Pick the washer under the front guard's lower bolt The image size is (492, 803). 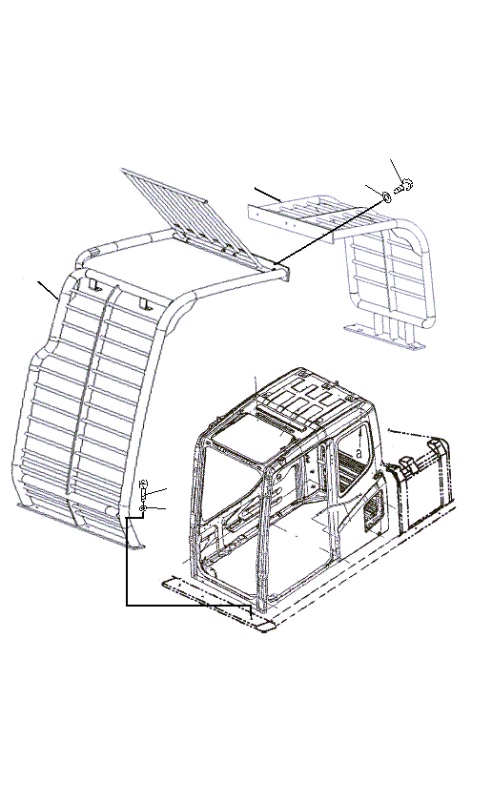pyautogui.click(x=142, y=510)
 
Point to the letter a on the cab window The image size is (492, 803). pyautogui.click(x=357, y=452)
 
